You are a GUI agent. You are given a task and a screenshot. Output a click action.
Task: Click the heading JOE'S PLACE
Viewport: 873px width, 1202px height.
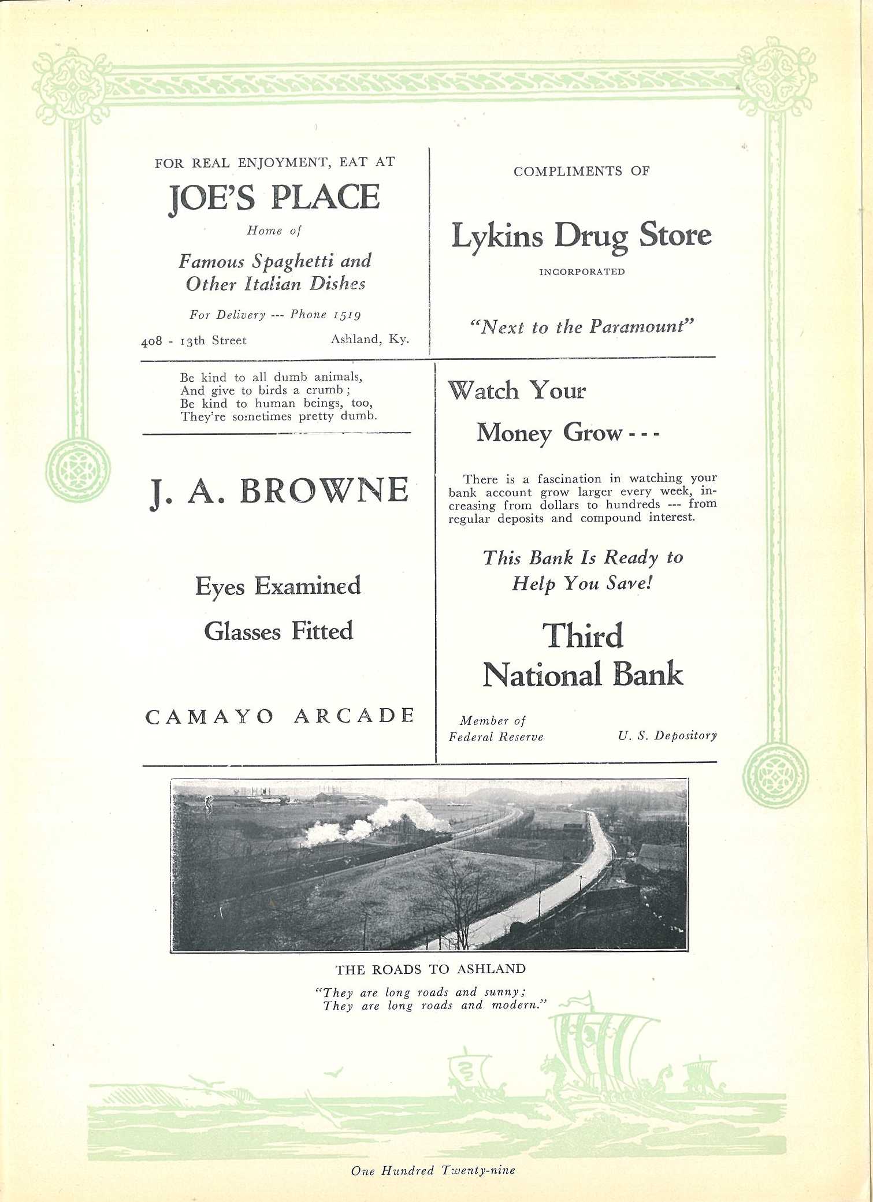pyautogui.click(x=274, y=198)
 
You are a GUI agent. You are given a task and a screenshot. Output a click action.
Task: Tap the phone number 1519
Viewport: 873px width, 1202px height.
pyautogui.click(x=347, y=315)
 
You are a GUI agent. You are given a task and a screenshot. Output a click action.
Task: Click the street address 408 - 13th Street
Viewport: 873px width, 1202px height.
pyautogui.click(x=194, y=341)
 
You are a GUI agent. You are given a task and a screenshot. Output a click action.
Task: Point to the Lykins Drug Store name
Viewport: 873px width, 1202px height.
pyautogui.click(x=581, y=236)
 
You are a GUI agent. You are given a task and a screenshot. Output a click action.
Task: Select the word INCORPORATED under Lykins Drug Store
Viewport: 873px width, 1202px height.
pyautogui.click(x=582, y=272)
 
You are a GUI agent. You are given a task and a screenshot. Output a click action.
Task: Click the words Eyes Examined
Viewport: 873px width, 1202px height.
pyautogui.click(x=278, y=587)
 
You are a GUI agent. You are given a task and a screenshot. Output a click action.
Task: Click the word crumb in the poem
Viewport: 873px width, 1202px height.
pyautogui.click(x=324, y=390)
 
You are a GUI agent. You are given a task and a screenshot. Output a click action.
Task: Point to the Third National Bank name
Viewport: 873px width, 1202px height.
pyautogui.click(x=582, y=656)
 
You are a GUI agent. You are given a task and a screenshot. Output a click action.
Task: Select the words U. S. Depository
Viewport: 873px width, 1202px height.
pyautogui.click(x=667, y=736)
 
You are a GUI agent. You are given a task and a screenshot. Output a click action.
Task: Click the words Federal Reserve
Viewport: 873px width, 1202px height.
pyautogui.click(x=496, y=737)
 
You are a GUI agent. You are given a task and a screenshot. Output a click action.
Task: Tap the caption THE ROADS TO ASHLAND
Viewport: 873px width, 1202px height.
pyautogui.click(x=430, y=969)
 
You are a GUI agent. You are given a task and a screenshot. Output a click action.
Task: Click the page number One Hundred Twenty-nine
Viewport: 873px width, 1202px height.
pyautogui.click(x=433, y=1170)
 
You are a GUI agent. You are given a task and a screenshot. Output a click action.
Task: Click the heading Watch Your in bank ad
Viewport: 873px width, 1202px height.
pyautogui.click(x=517, y=391)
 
